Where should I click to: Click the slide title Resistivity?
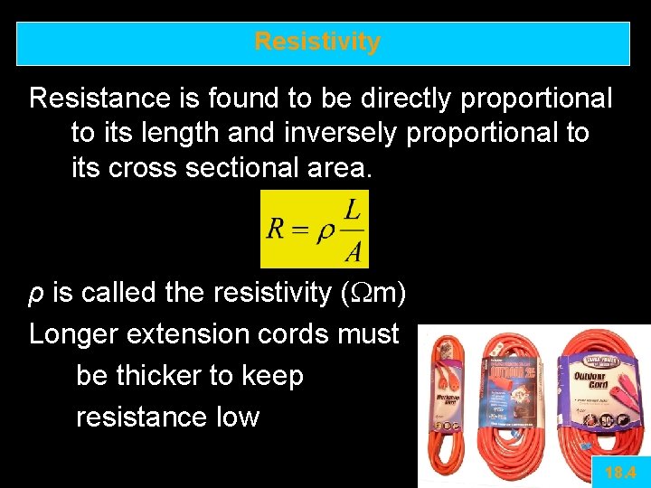(x=317, y=42)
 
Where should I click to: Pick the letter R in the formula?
(x=277, y=228)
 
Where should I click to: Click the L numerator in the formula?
(x=353, y=210)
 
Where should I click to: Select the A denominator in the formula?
(x=353, y=250)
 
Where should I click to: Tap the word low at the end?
(x=237, y=418)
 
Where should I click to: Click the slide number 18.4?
(x=620, y=472)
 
